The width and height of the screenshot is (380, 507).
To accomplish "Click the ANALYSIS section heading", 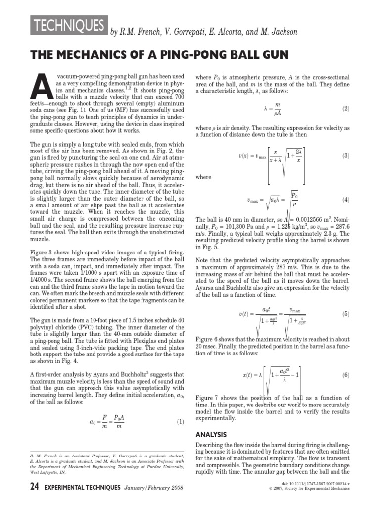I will [x=211, y=434].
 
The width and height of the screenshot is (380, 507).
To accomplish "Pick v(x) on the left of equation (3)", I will [x=244, y=156].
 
